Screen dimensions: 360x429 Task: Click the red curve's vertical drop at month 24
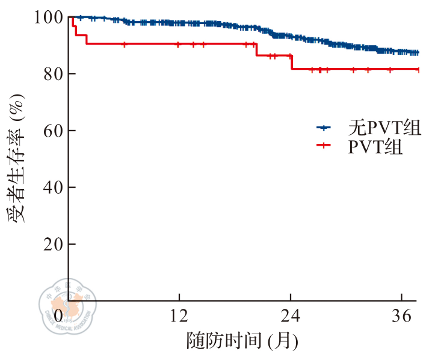click(291, 62)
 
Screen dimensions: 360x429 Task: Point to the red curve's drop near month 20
click(256, 49)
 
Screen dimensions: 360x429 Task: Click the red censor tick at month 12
click(179, 44)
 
